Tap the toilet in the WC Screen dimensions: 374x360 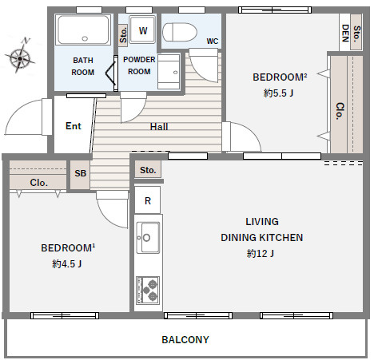tap(179, 32)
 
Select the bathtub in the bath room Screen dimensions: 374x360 tap(83, 30)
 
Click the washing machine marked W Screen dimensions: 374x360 tap(142, 30)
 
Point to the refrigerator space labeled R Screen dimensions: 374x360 tap(148, 200)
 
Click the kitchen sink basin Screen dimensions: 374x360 tap(148, 237)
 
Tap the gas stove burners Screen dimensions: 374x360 tap(148, 290)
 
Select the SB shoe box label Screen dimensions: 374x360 tap(80, 173)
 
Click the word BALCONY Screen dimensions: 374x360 tap(185, 339)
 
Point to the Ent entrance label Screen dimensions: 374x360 tap(74, 126)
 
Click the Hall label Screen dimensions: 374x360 tap(159, 127)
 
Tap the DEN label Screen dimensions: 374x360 tap(345, 33)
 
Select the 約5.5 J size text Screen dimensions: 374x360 tap(278, 93)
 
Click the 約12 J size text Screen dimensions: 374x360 tap(261, 253)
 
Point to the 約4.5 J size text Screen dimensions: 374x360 tap(67, 263)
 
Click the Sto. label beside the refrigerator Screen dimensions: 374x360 tap(148, 170)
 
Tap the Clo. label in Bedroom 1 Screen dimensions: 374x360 tap(39, 183)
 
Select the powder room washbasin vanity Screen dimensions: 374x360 tap(169, 72)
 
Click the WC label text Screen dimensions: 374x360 tap(213, 42)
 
